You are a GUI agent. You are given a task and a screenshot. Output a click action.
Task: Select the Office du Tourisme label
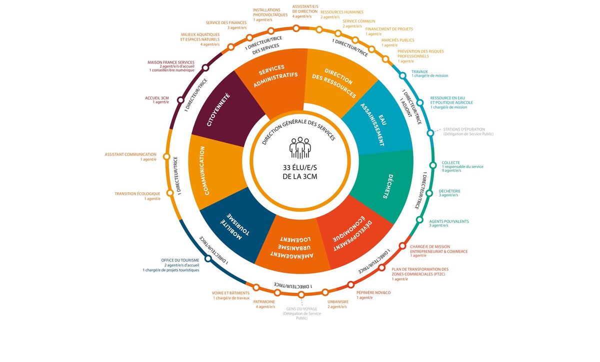[x=180, y=260]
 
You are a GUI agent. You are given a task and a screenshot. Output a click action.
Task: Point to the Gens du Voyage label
[x=302, y=309]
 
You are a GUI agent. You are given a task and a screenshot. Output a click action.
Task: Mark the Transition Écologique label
[x=137, y=194]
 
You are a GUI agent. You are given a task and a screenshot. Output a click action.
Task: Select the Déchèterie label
[x=449, y=191]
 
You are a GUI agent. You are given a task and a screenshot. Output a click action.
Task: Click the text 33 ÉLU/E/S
[x=300, y=168]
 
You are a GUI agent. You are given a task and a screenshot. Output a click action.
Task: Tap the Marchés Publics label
[x=397, y=40]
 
